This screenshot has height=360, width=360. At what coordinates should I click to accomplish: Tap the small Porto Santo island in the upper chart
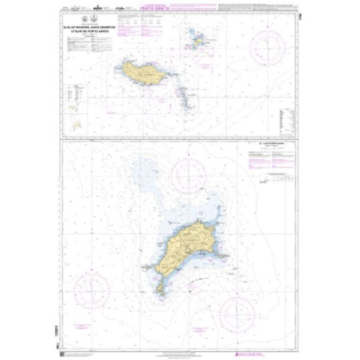click(198, 37)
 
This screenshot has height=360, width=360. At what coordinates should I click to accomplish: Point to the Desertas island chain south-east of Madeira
click(186, 95)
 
